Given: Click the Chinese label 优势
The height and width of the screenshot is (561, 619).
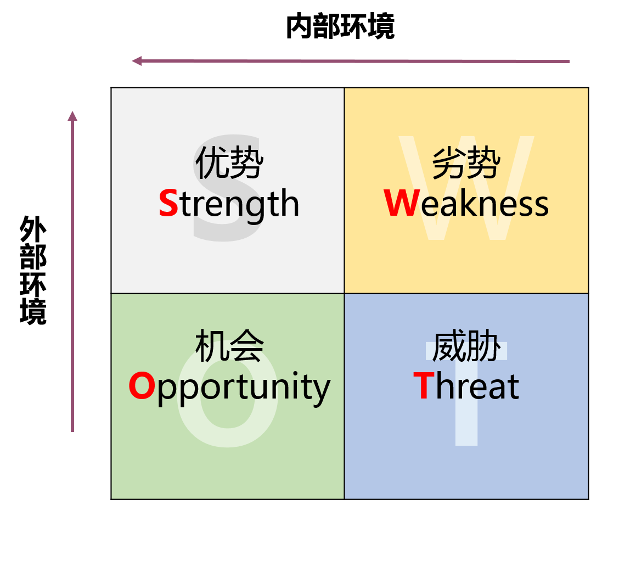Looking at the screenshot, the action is click(229, 162).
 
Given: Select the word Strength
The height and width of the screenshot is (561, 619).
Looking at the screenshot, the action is click(229, 204).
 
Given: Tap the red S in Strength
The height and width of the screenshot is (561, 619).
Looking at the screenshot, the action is click(168, 204).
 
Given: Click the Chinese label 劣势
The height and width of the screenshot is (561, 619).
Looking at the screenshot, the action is click(466, 162).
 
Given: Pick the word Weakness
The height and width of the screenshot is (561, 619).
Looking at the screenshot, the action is click(466, 204).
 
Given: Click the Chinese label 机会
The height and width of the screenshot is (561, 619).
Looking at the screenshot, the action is click(229, 346).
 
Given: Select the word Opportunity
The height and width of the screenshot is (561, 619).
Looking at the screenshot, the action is click(229, 387).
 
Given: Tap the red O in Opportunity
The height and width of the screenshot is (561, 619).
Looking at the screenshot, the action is click(142, 386).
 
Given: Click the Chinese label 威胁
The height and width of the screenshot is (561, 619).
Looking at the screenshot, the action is click(466, 346).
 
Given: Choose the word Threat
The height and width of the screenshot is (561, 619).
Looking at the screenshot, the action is click(466, 386).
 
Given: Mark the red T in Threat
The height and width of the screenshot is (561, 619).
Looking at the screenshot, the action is click(424, 386).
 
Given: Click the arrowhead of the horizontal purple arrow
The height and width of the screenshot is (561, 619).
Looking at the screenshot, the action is click(137, 60).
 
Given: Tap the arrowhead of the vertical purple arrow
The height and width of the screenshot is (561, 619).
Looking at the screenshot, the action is click(72, 115).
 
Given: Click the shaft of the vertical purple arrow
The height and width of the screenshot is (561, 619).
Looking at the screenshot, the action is click(72, 274).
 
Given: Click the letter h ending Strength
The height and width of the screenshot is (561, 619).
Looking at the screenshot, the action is click(290, 204).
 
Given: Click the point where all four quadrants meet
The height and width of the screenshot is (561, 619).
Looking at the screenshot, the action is click(344, 293).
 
